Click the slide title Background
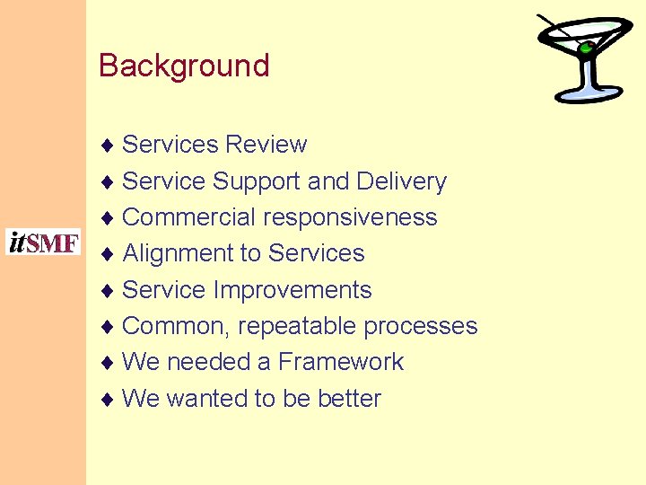184,66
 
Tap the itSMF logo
43,242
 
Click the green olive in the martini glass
586,47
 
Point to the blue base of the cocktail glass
588,94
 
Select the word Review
266,145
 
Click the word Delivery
401,181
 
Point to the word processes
421,326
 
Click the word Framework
341,362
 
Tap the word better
350,399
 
